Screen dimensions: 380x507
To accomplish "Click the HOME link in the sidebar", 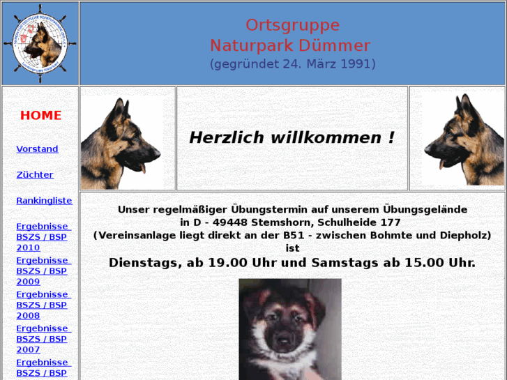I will [x=40, y=116].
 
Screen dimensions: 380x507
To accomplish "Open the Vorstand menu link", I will [x=37, y=149].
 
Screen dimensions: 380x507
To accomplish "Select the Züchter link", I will [x=35, y=175].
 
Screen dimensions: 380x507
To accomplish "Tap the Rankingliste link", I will [x=44, y=201].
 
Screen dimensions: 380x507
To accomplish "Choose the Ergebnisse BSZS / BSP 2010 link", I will [x=43, y=237].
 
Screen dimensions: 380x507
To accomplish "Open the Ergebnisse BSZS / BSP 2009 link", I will [x=43, y=271].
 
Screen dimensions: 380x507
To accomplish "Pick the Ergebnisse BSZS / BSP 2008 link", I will [x=43, y=305].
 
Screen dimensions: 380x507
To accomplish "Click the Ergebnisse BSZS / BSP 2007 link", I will [x=43, y=339].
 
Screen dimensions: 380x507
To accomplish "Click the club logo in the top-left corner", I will [x=40, y=43].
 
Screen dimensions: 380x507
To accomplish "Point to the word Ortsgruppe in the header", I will [x=292, y=25].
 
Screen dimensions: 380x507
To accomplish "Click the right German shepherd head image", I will [x=461, y=139].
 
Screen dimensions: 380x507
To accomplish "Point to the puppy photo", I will [x=290, y=328].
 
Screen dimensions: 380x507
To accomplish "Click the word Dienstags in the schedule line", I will [x=144, y=263].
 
